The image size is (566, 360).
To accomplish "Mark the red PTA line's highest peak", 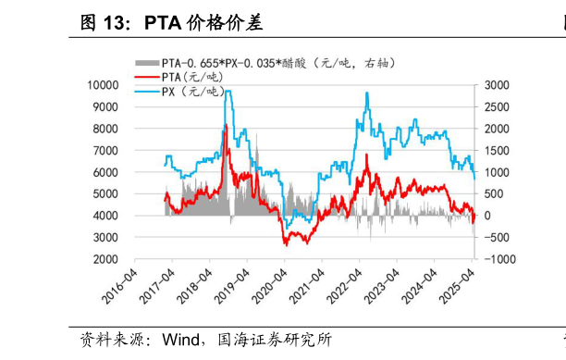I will (227, 124).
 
